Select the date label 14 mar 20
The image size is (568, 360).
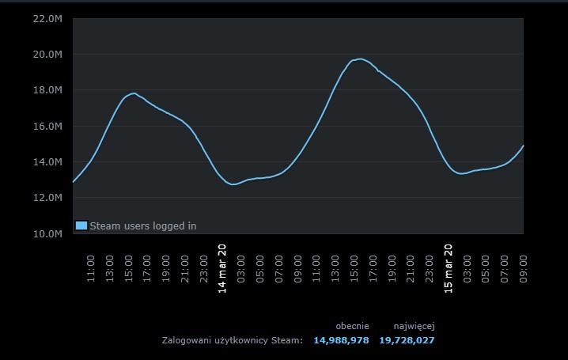[x=222, y=268]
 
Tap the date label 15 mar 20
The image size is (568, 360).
[x=449, y=268]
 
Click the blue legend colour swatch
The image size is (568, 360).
[x=81, y=225]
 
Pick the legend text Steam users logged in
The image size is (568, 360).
[x=143, y=225]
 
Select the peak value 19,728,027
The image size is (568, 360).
[x=407, y=340]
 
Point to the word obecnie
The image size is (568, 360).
[x=352, y=325]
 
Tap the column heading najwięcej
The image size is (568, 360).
[x=414, y=325]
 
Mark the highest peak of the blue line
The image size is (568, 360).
[x=360, y=59]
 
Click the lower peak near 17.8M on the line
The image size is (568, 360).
[x=133, y=93]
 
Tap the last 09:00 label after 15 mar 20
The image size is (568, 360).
[x=524, y=268]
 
